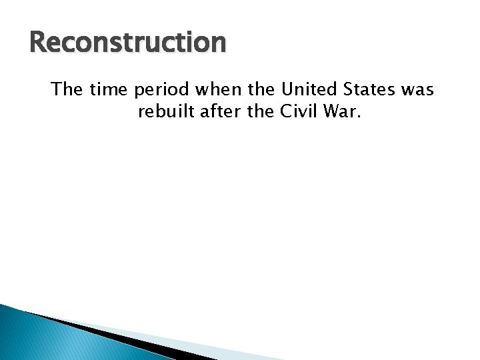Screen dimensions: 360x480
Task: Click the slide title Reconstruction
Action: click(128, 43)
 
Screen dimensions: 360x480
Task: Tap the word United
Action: click(309, 89)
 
